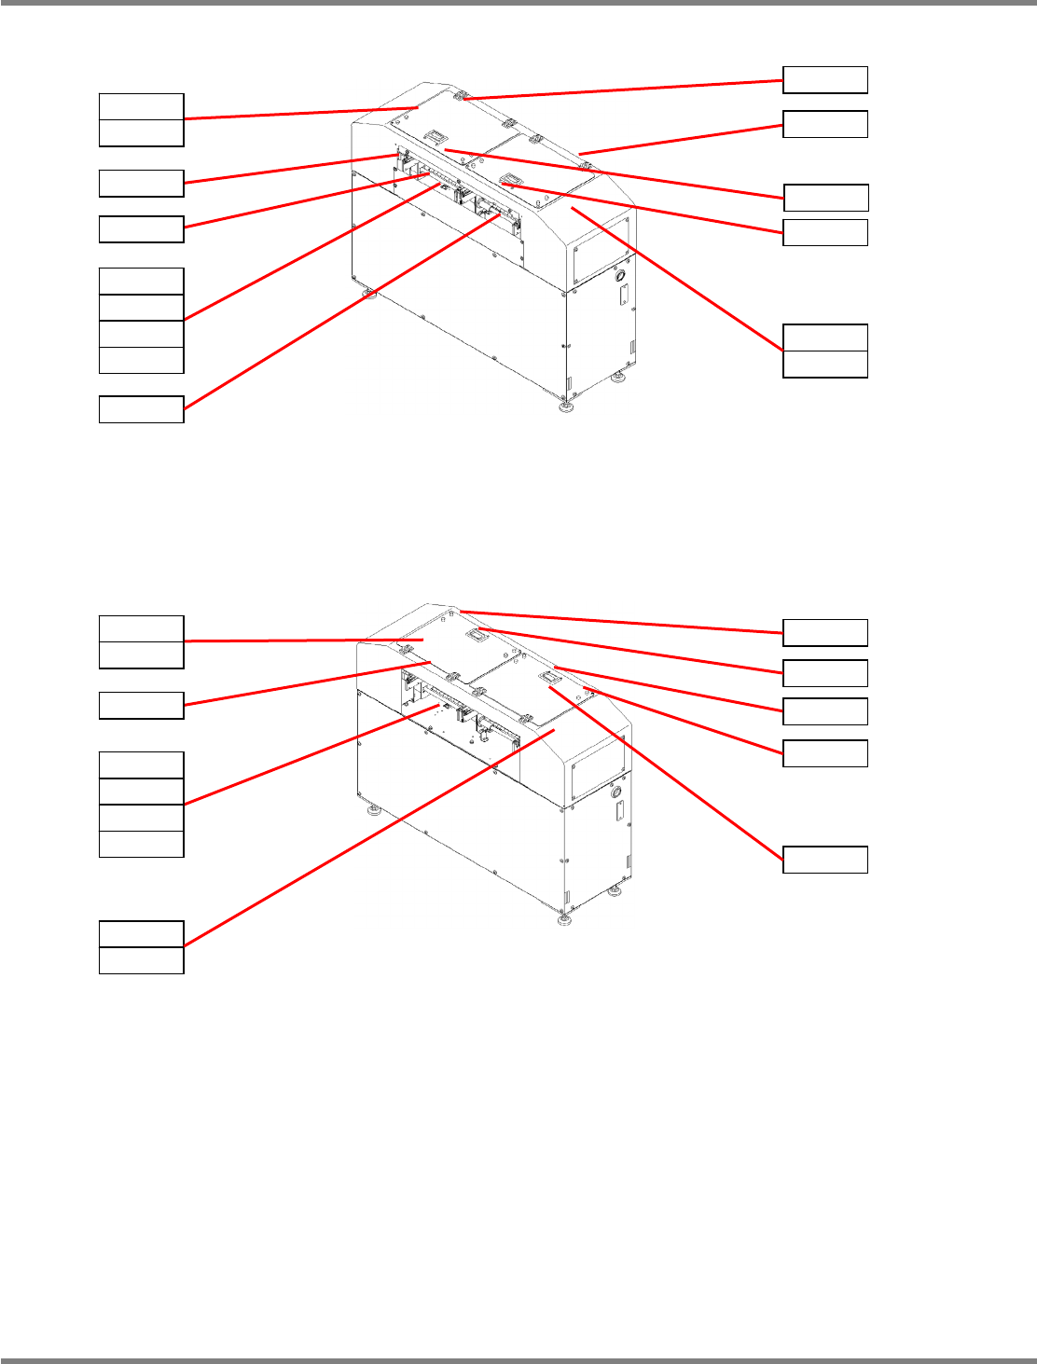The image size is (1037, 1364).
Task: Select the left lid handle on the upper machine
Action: click(436, 138)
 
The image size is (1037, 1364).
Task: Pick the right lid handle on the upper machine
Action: click(511, 178)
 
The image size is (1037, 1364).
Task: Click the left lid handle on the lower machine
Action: click(478, 635)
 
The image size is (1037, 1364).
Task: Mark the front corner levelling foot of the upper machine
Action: click(564, 406)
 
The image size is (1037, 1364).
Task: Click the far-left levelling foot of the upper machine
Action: click(370, 295)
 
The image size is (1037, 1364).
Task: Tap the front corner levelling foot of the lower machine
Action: click(563, 921)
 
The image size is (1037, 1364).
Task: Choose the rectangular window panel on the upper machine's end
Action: click(601, 249)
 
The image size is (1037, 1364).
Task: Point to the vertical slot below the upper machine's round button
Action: click(623, 296)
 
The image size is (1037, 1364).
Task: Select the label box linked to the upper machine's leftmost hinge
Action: click(825, 80)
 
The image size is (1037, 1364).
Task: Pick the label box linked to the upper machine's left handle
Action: click(825, 198)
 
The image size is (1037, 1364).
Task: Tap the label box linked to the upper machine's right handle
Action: click(825, 232)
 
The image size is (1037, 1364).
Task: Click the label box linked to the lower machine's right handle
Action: click(825, 859)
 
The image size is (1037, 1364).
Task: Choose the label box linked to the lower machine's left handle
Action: click(825, 672)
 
